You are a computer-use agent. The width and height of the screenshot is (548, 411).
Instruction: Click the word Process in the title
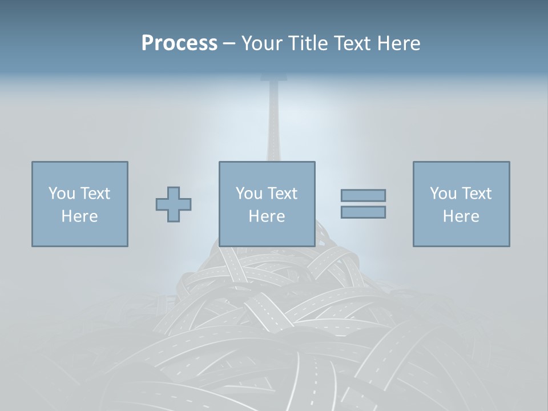point(179,43)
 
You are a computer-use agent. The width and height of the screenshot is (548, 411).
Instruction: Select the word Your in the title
point(261,43)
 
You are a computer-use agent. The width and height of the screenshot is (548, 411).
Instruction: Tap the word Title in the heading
point(307,43)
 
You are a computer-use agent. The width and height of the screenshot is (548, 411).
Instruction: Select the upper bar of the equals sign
point(363,196)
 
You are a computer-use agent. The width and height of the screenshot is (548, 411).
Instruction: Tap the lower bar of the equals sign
point(363,212)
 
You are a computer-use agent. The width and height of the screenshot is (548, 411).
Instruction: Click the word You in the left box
point(62,194)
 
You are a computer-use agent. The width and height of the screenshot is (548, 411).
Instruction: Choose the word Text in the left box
point(94,194)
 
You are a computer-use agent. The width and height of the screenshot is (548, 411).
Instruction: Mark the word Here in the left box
point(79,216)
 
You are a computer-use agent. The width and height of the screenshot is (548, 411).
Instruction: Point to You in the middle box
point(249,194)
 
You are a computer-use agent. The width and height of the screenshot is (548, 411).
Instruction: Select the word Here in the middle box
point(267,216)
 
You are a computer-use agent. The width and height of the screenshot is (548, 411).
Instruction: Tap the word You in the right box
point(443,194)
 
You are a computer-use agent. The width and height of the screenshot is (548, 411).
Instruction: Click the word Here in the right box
point(461,216)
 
